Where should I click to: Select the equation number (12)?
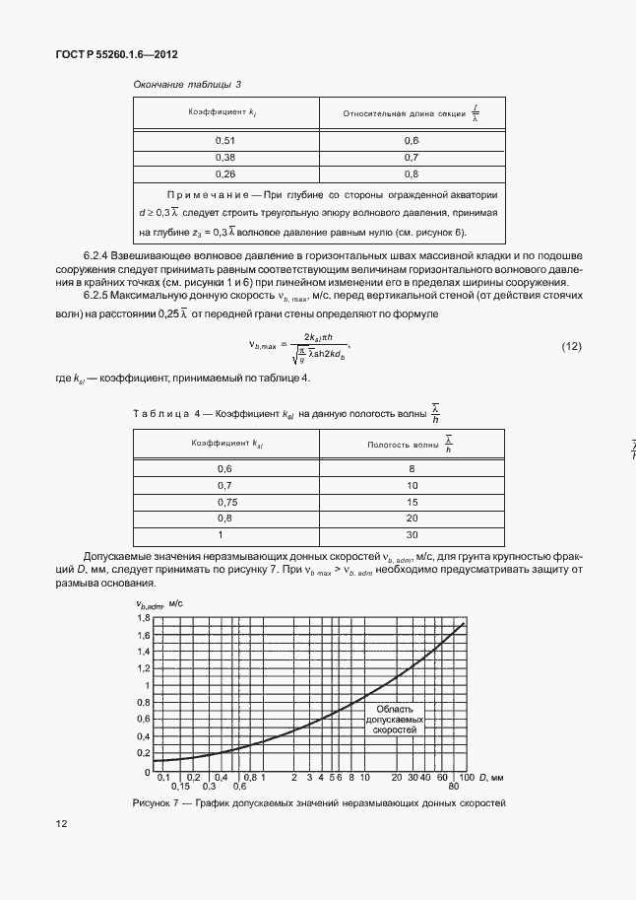[572, 346]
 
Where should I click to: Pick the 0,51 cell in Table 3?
[224, 141]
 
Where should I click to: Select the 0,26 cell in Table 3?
[224, 173]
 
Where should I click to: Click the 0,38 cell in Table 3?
[224, 157]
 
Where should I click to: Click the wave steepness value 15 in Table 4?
[412, 502]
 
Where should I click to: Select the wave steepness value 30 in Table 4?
[412, 534]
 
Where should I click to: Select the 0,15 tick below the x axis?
[179, 787]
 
